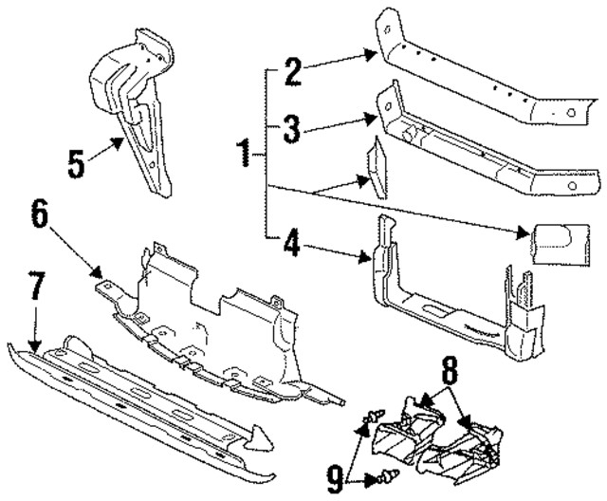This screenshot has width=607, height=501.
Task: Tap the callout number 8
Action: (449, 366)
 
